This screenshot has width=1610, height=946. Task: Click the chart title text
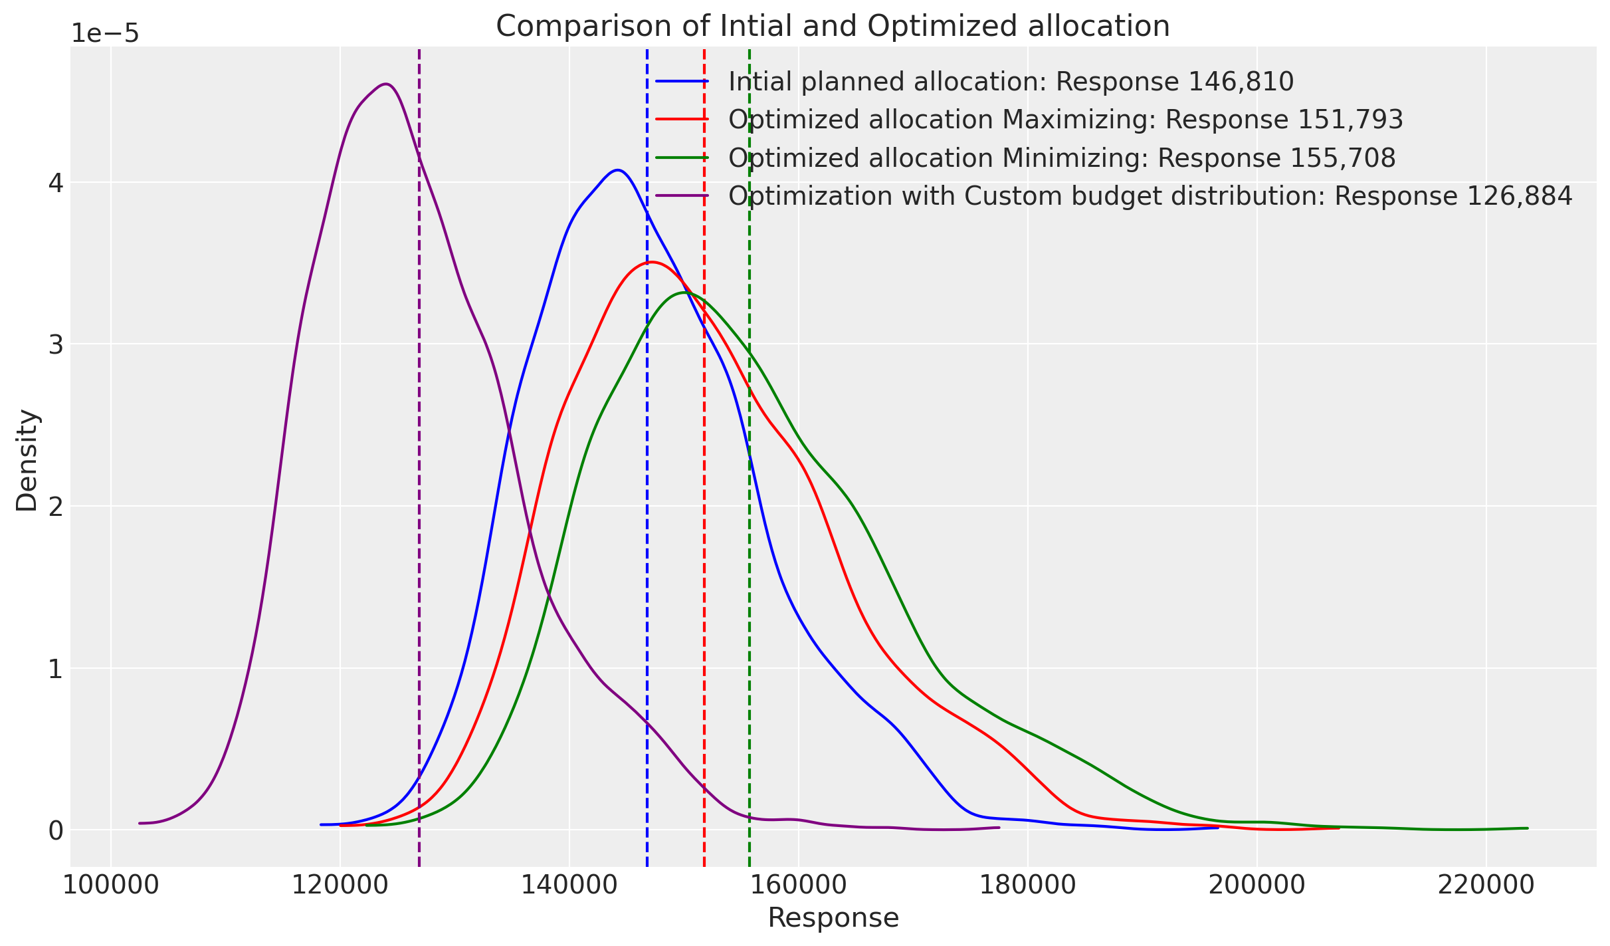833,27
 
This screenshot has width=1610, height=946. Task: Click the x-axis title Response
833,918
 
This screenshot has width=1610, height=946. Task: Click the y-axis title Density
27,460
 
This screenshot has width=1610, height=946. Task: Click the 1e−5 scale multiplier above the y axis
105,33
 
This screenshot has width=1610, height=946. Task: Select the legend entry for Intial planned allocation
1011,82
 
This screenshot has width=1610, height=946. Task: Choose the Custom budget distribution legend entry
1150,196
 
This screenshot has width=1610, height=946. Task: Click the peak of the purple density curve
387,84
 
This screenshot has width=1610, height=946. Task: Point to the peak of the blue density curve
618,170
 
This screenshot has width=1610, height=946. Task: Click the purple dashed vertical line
419,465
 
